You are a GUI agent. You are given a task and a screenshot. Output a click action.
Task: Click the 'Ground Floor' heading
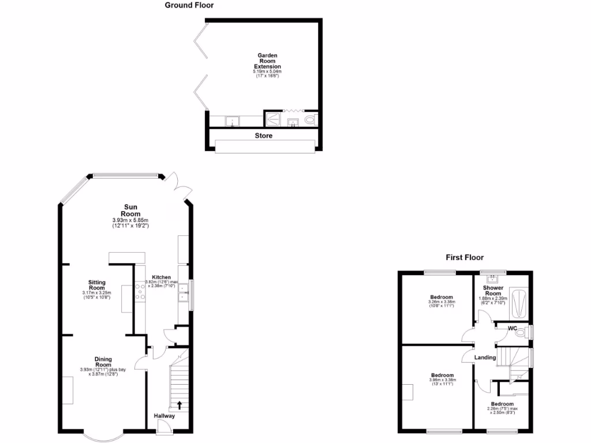189,5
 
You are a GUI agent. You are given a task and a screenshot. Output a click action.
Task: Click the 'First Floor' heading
465,258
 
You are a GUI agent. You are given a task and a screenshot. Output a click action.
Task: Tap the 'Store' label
264,136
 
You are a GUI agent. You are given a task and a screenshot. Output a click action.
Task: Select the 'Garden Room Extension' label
268,61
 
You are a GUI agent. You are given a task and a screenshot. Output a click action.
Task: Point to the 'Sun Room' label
130,211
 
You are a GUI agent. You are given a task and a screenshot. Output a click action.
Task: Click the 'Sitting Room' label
96,285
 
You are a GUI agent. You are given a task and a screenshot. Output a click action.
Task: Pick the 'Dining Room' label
103,362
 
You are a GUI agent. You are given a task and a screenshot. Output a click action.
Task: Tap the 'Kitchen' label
161,277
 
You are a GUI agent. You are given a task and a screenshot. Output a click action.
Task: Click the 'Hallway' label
164,416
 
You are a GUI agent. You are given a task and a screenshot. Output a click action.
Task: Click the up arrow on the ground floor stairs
179,405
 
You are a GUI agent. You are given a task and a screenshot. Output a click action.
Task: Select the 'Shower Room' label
493,290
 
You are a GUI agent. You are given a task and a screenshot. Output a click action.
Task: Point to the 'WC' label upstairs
512,329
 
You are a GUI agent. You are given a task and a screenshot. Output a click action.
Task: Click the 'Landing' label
485,358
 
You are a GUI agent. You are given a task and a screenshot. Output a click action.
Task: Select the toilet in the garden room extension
311,120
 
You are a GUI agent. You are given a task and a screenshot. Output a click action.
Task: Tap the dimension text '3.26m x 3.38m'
442,302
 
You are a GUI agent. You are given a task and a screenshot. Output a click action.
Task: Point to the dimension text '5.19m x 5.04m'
268,72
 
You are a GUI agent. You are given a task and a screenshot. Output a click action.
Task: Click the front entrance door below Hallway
164,426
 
